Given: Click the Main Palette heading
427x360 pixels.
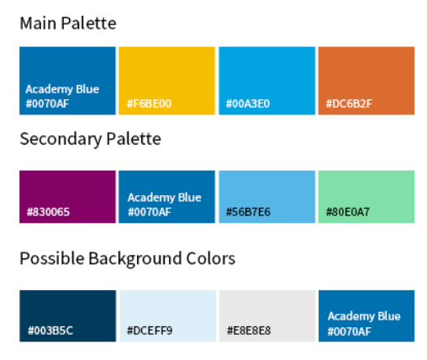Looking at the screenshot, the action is click(68, 23).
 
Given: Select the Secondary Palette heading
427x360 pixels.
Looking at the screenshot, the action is click(91, 139).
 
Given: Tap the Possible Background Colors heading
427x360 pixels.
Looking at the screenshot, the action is click(128, 258).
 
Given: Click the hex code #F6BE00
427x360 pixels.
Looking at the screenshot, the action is click(149, 103).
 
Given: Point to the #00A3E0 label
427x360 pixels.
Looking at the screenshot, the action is click(248, 103).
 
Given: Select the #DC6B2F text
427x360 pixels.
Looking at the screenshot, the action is click(349, 103).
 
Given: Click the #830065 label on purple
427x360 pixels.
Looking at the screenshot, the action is click(48, 212).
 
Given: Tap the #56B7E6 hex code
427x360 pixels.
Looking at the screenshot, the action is click(248, 212).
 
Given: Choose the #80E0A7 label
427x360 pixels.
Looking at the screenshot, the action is click(348, 212).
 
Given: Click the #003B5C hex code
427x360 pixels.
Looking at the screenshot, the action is click(50, 331).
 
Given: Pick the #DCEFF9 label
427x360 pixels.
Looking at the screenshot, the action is click(150, 331).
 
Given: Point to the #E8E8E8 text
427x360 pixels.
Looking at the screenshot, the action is click(249, 331).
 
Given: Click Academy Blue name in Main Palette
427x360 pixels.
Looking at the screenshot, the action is click(62, 89).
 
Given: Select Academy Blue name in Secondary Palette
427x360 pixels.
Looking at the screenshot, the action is click(165, 198).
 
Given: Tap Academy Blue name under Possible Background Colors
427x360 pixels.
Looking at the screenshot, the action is click(364, 316).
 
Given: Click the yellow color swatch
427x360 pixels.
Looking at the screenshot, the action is click(166, 81).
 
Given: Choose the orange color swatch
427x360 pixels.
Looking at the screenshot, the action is click(366, 81).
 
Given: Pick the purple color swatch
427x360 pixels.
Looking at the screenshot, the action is click(67, 197).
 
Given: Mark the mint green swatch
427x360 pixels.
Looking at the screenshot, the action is click(366, 197).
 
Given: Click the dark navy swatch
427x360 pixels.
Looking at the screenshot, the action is click(67, 316).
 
